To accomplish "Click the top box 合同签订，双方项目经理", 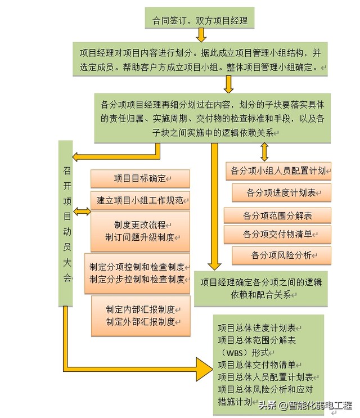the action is [x=200, y=18].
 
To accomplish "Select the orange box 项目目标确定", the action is [x=140, y=178].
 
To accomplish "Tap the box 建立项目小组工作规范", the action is [x=140, y=200].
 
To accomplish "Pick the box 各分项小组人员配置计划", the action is [x=278, y=171].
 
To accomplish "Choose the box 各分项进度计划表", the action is [x=282, y=192].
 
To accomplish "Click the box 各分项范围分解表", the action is [x=277, y=215].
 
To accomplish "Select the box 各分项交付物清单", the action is [x=277, y=235].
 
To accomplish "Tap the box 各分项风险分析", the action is [x=282, y=255].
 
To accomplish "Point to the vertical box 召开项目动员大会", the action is [x=66, y=223].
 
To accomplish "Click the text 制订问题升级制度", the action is [x=140, y=237].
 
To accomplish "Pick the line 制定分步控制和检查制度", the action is [x=137, y=279].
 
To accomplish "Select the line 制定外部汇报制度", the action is [x=140, y=322].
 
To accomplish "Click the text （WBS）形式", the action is [x=244, y=353].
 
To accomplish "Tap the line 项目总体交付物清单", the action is [x=256, y=365].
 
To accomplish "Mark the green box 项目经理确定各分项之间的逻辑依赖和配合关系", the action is [x=261, y=289].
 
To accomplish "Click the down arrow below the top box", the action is [x=201, y=35].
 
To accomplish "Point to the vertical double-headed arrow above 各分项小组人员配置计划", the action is [x=264, y=152].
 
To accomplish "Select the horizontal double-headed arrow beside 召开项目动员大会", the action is [x=82, y=212].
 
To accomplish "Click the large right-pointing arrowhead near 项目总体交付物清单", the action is [x=204, y=370].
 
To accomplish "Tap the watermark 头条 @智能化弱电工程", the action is [x=305, y=406].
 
